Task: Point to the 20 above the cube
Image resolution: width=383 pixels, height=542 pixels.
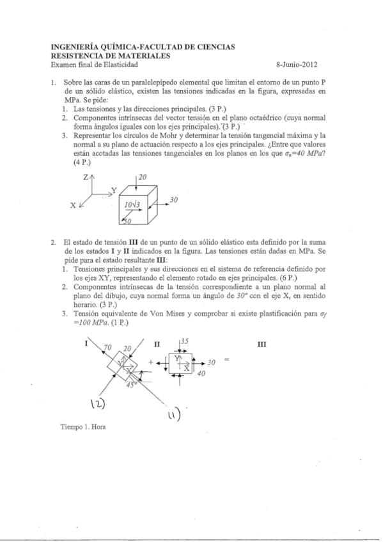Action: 143,176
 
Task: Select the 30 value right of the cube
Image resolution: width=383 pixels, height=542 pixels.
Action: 173,201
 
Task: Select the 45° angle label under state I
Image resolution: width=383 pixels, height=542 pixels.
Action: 131,385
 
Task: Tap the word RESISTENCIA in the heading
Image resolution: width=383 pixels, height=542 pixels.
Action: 76,56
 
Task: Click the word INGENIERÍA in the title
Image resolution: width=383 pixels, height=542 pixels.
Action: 75,47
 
